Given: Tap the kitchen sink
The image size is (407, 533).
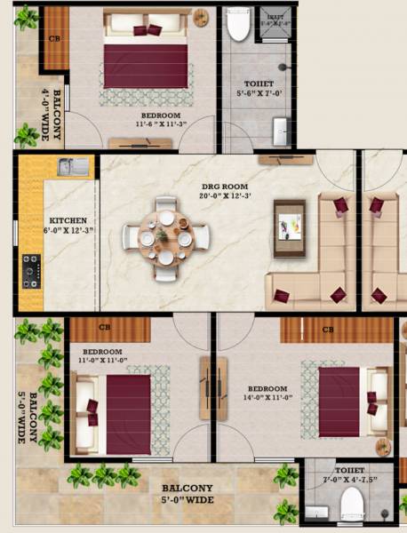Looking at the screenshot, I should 73,166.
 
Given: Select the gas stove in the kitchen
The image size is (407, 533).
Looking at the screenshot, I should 31,270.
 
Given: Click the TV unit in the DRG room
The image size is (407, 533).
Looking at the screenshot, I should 289,228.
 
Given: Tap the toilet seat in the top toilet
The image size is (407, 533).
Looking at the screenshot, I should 238,27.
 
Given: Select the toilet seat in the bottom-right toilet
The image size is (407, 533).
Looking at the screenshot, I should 352,506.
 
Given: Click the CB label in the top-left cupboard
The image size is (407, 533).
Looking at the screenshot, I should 55,39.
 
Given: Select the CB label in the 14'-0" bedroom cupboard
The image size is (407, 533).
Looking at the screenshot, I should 328,330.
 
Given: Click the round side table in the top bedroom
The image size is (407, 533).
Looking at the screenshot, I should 202,17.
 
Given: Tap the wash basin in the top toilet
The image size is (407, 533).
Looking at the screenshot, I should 282,130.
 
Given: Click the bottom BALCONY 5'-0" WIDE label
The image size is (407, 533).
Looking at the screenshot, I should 187,495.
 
